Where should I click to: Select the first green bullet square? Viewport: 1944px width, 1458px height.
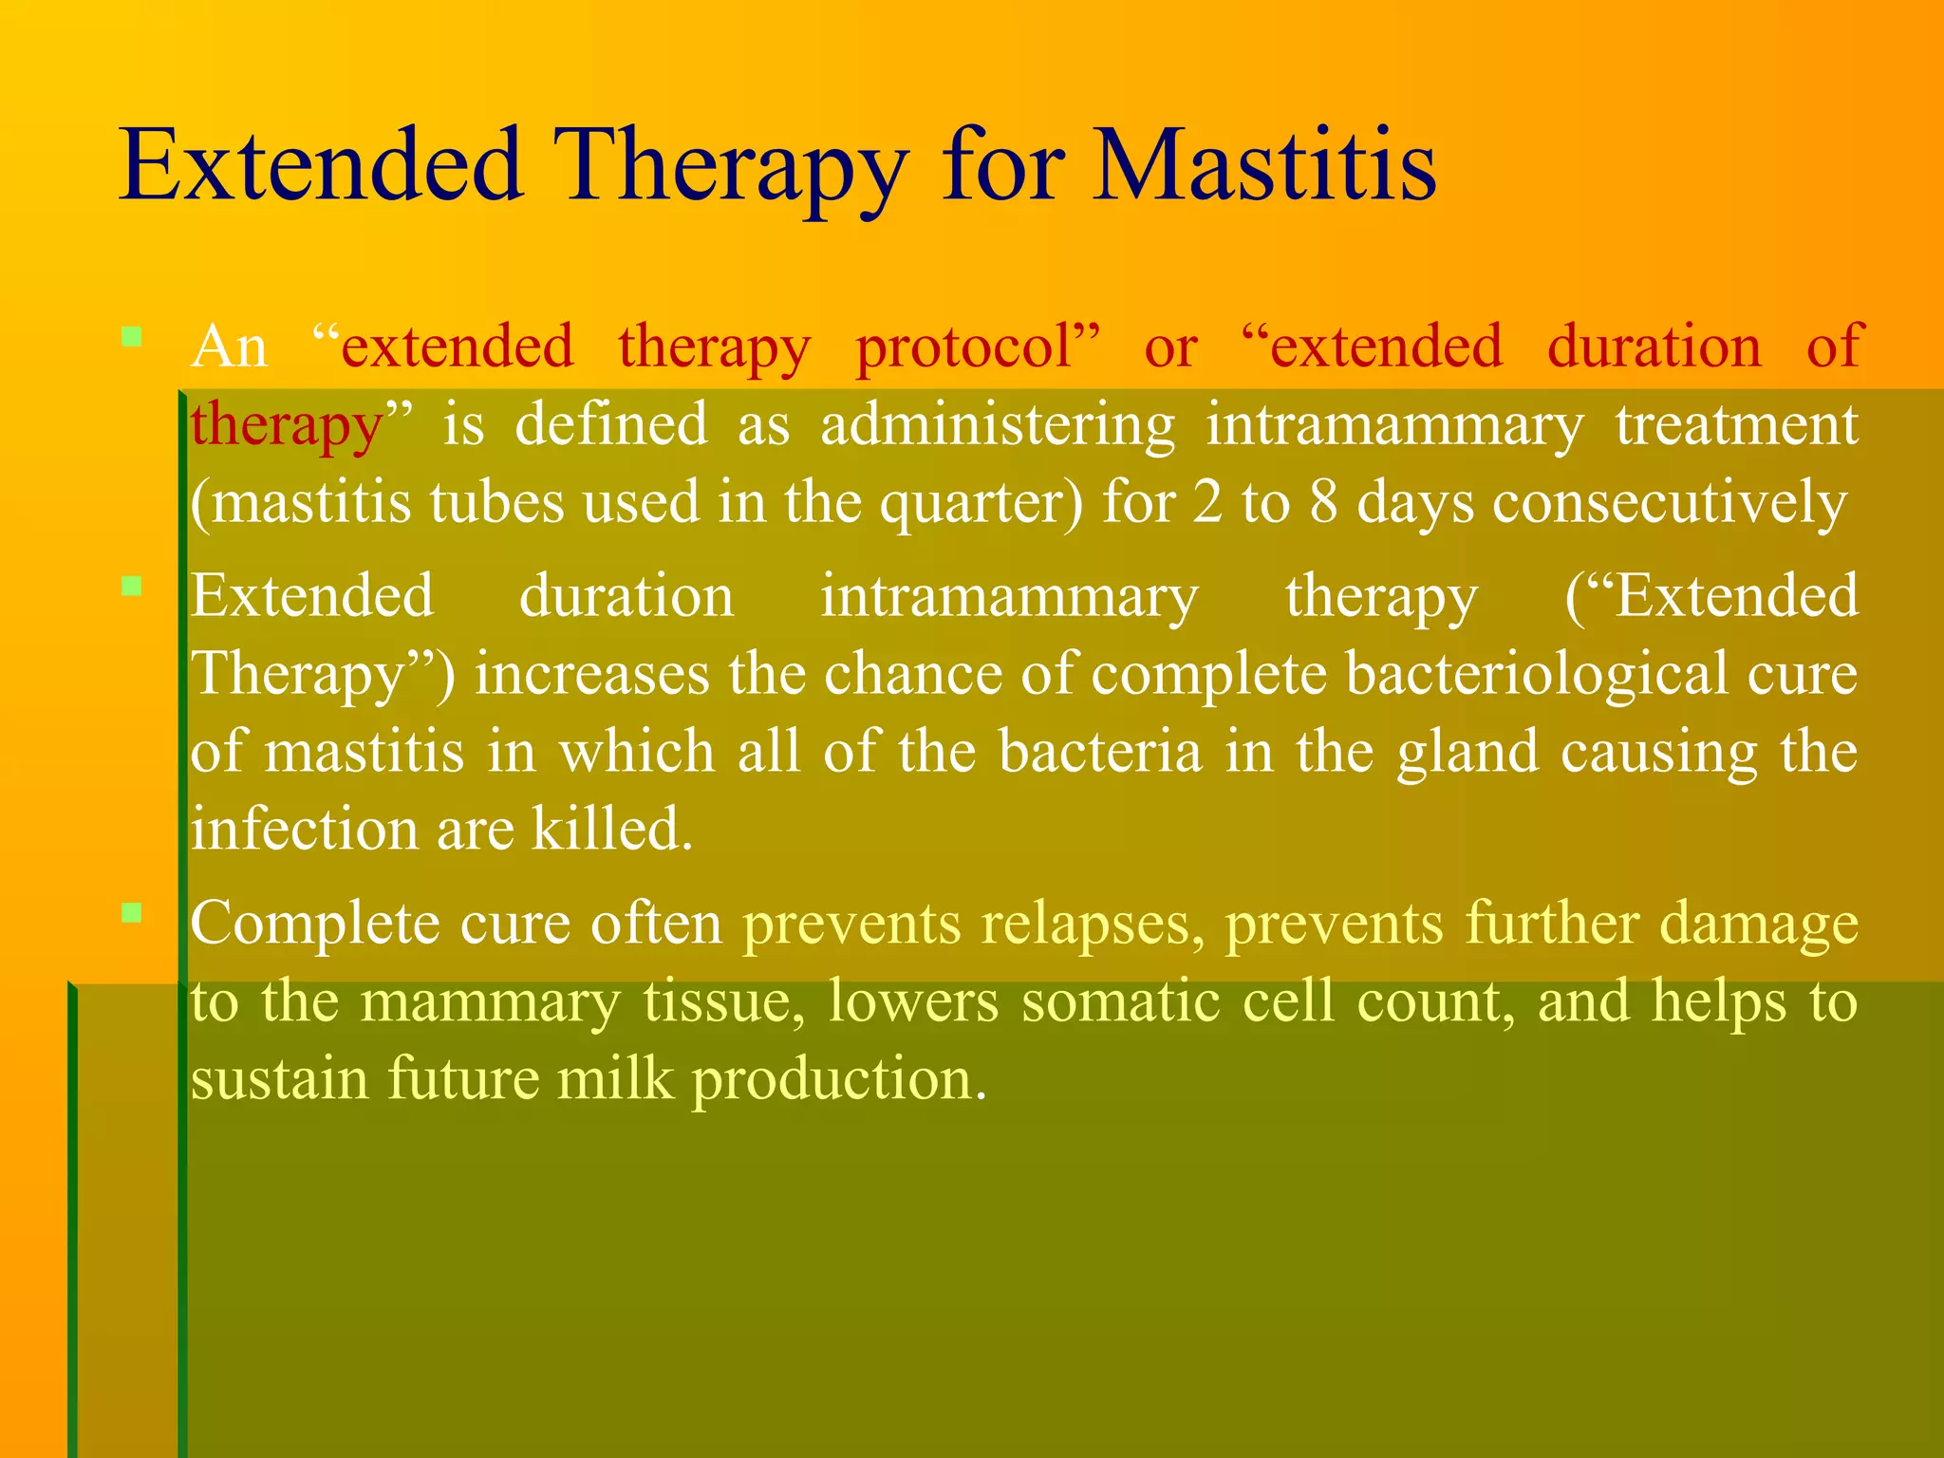click(x=132, y=336)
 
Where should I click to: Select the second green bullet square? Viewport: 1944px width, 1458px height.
click(x=132, y=586)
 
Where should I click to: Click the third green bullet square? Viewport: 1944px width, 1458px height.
click(x=132, y=913)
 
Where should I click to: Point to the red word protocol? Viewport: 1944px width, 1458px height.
click(x=977, y=348)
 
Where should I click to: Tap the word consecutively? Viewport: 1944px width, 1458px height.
click(x=1670, y=504)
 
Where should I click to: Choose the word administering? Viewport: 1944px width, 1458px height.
click(x=997, y=426)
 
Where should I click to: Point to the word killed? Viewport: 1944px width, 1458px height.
click(x=611, y=829)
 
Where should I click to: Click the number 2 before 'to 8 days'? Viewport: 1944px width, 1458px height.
click(x=1207, y=502)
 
